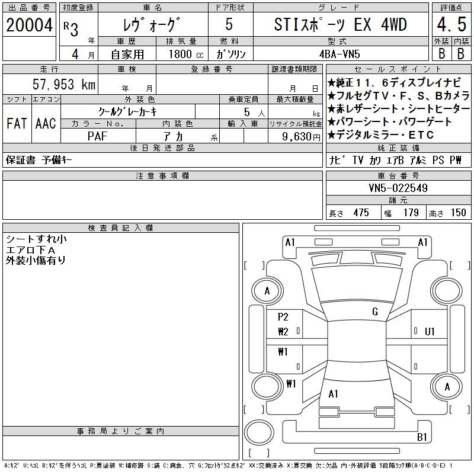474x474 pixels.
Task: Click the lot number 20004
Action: coord(29,25)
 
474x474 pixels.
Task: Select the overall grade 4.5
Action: coord(451,24)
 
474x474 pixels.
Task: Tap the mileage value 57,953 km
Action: coord(64,84)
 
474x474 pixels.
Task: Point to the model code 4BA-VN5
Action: coord(340,54)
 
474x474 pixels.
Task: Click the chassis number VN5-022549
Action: coord(398,188)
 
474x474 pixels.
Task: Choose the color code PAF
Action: coord(97,136)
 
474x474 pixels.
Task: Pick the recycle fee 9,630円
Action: coord(301,137)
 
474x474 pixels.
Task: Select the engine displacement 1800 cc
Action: coord(186,54)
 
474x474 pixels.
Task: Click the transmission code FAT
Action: coord(17,123)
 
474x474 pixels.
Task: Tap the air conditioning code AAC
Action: coord(46,123)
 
